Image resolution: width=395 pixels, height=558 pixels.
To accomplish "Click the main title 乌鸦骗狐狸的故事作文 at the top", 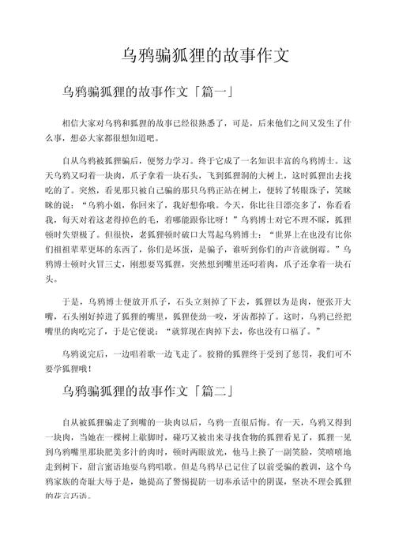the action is click(197, 56).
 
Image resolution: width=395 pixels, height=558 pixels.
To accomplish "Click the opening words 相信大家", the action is click(79, 124).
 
